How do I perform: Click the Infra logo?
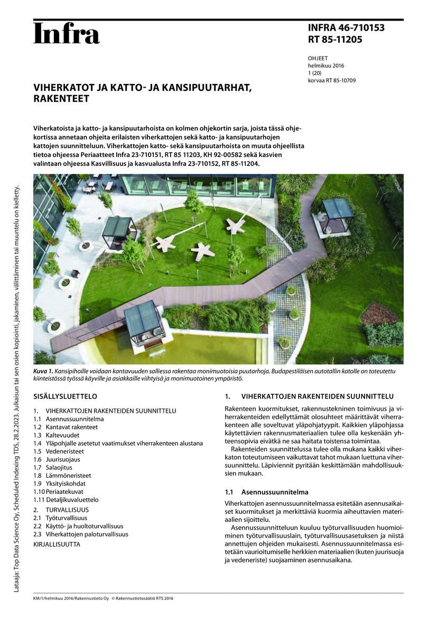tap(66, 34)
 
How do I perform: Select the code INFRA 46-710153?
tap(346, 28)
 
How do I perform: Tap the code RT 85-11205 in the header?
tap(335, 39)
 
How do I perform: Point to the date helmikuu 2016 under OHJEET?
tap(326, 66)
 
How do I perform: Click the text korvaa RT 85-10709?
tap(331, 80)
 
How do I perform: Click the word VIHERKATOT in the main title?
tap(63, 88)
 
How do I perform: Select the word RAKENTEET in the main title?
tap(61, 99)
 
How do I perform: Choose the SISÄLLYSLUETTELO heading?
tap(65, 396)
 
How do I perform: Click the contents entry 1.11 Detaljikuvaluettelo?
tap(66, 500)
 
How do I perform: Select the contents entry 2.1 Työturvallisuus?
tap(60, 518)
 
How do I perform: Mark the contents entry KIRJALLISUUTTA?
tap(57, 543)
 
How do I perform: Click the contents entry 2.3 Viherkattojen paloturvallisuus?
tap(81, 534)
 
